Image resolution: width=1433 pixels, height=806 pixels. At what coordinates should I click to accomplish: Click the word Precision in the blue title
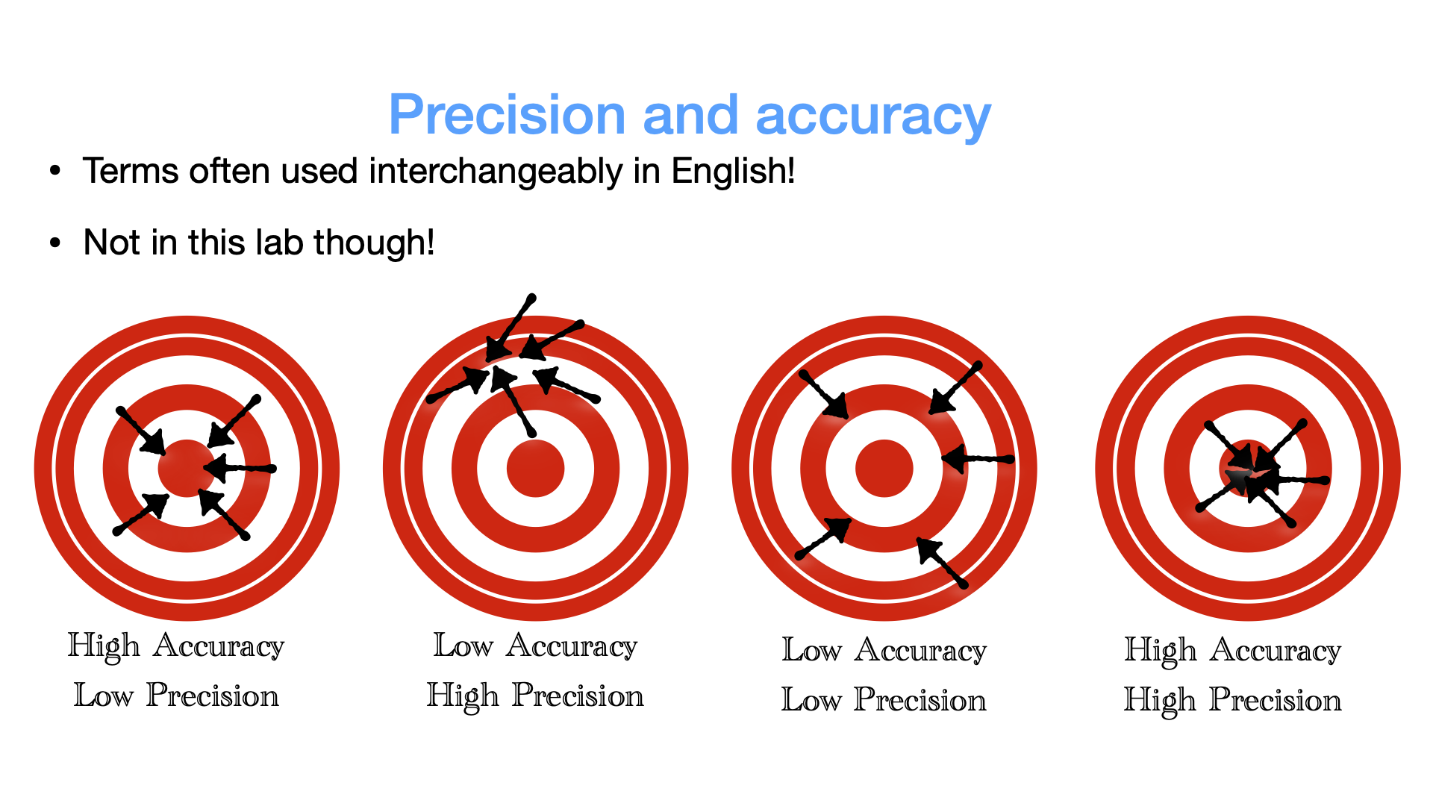pyautogui.click(x=507, y=115)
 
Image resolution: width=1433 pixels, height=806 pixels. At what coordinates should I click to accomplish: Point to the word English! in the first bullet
pyautogui.click(x=733, y=172)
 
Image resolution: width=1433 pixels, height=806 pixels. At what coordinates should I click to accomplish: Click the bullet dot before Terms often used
pyautogui.click(x=54, y=172)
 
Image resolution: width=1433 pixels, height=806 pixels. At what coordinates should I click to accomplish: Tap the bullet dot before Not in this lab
pyautogui.click(x=54, y=243)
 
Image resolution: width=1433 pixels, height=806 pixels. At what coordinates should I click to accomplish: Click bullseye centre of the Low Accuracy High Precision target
pyautogui.click(x=536, y=469)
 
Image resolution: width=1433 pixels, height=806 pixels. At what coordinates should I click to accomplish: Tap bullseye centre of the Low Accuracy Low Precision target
pyautogui.click(x=884, y=469)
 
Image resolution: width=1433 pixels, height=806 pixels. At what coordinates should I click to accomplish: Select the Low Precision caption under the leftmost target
pyautogui.click(x=176, y=696)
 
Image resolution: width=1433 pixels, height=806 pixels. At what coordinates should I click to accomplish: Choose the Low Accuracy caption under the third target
pyautogui.click(x=884, y=650)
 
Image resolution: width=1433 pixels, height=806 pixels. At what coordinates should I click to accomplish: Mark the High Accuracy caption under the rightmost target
pyautogui.click(x=1233, y=651)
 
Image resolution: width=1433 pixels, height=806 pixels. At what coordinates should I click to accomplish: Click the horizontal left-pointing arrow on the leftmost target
pyautogui.click(x=240, y=469)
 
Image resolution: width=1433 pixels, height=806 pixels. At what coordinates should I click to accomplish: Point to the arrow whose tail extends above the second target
pyautogui.click(x=511, y=328)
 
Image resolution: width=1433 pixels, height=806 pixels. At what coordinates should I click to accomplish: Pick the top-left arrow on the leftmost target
pyautogui.click(x=141, y=431)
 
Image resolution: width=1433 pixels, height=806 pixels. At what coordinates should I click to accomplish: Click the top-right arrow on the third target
pyautogui.click(x=955, y=388)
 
